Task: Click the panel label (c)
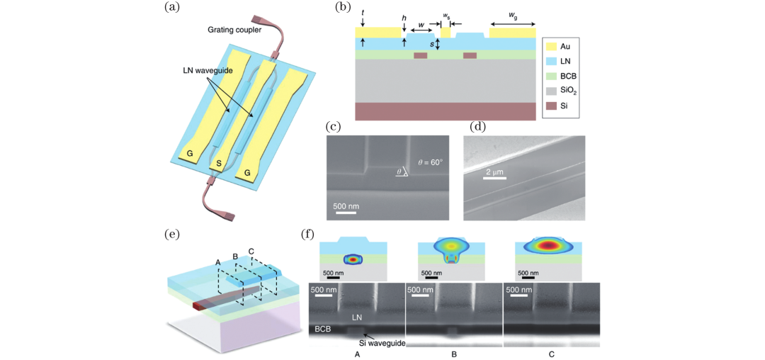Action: click(334, 128)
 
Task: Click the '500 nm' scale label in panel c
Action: click(345, 206)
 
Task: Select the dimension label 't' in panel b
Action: click(362, 12)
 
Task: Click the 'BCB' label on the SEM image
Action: click(323, 330)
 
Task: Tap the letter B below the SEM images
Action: click(454, 352)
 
